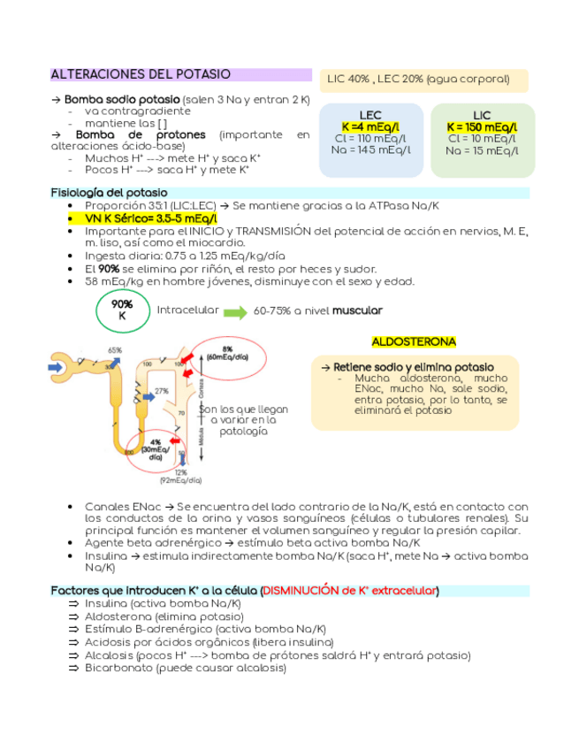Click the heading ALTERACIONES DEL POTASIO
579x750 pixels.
[x=141, y=74]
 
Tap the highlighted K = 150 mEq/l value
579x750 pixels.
[x=482, y=127]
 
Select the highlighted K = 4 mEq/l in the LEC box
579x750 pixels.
[x=370, y=127]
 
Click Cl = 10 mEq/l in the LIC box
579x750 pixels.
[x=482, y=139]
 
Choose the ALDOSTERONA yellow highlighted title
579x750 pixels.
[x=414, y=341]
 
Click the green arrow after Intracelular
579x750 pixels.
[x=234, y=312]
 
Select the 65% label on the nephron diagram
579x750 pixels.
[x=115, y=350]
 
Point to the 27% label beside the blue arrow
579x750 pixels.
[x=162, y=390]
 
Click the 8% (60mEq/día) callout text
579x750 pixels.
[x=228, y=353]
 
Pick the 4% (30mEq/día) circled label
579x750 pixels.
[x=155, y=449]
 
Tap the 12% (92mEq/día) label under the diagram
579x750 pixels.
[x=181, y=477]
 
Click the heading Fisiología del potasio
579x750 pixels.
[x=109, y=192]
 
